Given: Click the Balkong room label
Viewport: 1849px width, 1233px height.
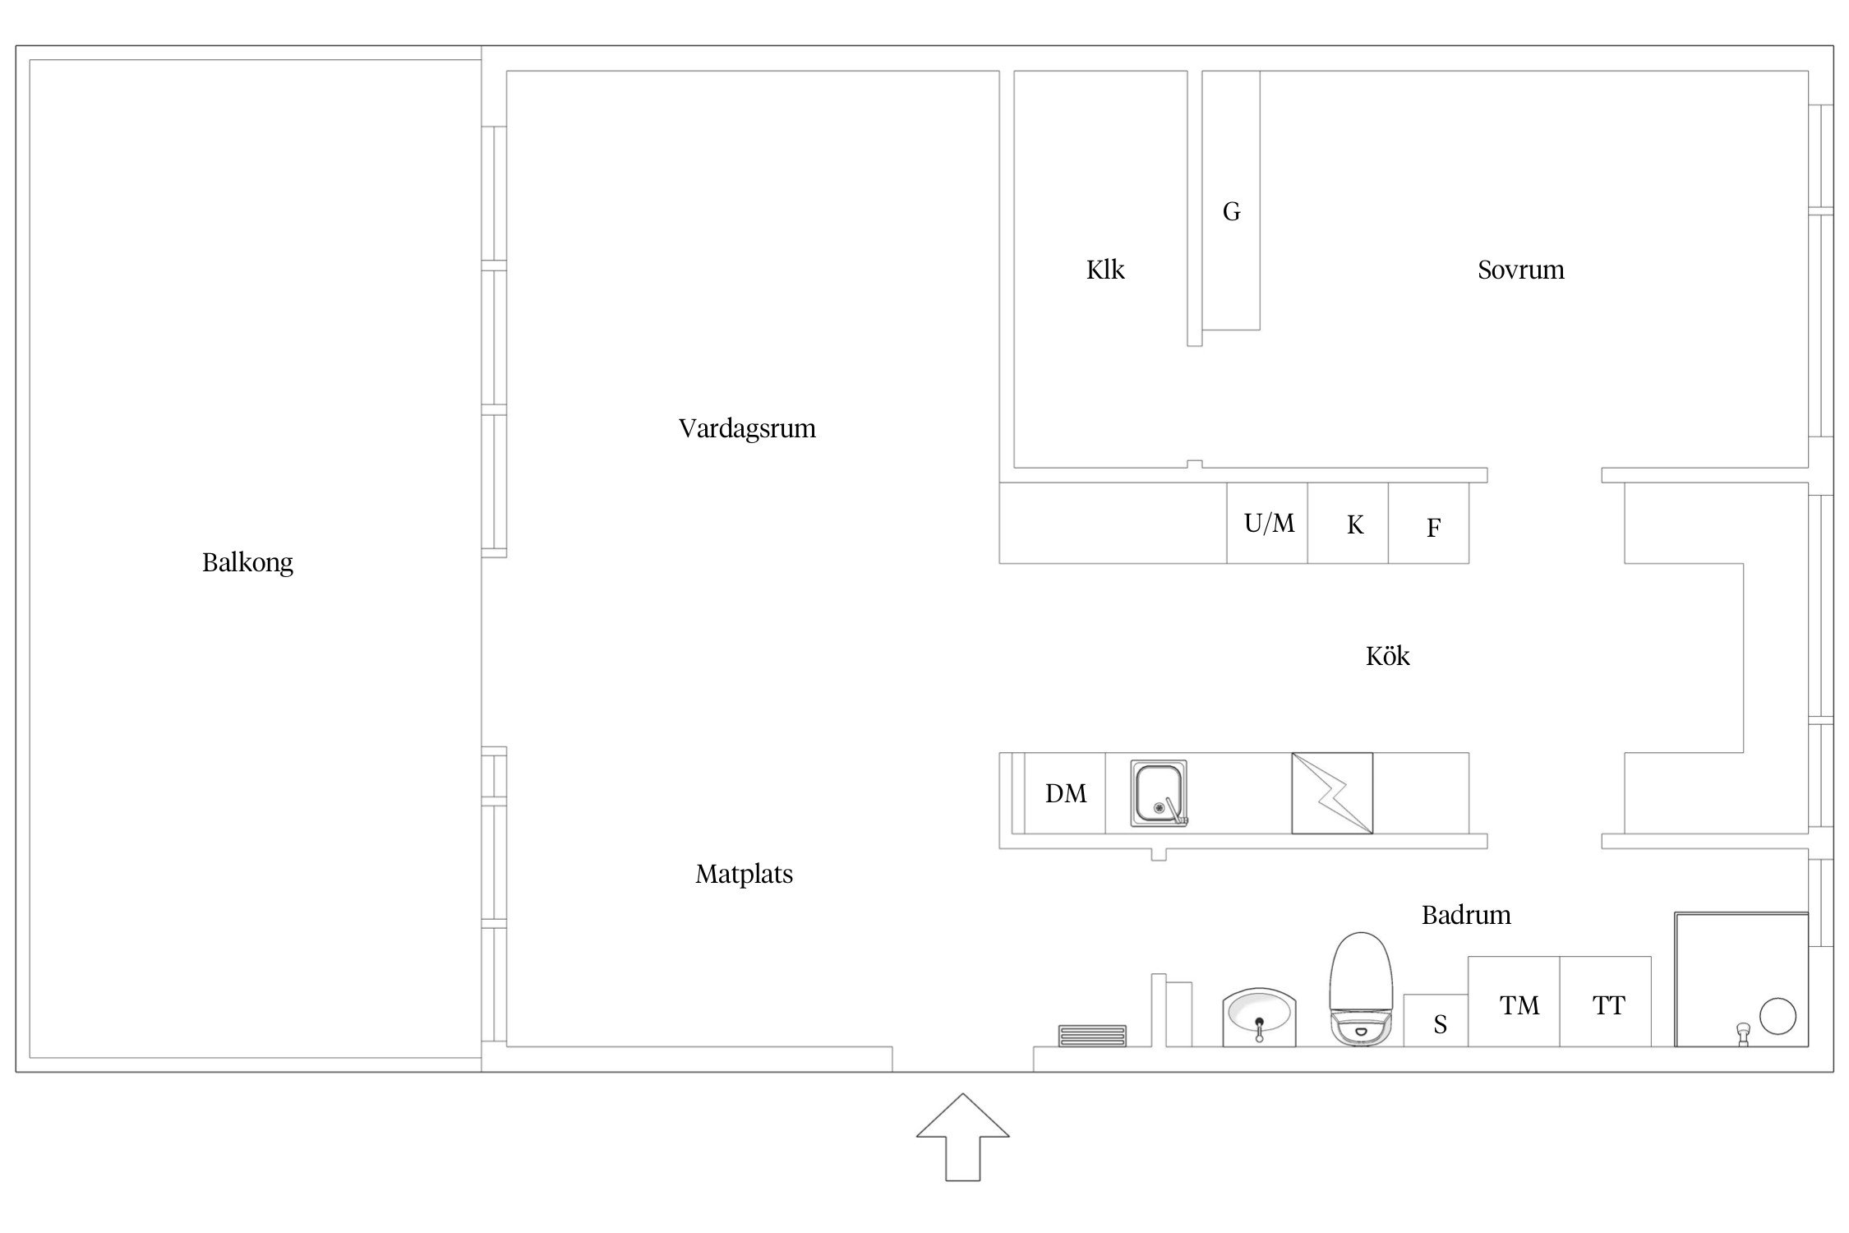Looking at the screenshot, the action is [x=247, y=562].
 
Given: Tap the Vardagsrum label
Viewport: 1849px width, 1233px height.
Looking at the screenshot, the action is [x=747, y=429].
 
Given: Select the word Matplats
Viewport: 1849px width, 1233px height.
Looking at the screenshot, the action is [x=745, y=874].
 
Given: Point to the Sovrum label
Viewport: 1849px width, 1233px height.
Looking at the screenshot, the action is [x=1521, y=270].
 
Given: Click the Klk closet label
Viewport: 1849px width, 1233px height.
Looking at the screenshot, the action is [x=1105, y=270].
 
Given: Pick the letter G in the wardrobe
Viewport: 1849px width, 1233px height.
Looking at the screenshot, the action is [x=1231, y=212].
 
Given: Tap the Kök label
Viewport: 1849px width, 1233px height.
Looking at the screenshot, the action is [x=1388, y=655].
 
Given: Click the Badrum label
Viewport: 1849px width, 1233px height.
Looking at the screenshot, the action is [x=1466, y=915].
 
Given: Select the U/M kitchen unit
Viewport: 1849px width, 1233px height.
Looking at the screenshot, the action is [x=1267, y=523].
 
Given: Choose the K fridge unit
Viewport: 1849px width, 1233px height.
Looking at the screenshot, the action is [x=1348, y=523].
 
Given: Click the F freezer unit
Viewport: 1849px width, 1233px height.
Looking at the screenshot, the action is [x=1428, y=523].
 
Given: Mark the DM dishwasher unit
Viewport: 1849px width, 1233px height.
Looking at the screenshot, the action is [x=1065, y=793].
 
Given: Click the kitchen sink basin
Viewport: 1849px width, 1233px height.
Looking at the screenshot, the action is [x=1158, y=793].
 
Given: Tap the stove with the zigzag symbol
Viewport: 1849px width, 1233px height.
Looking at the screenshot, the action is [x=1332, y=793].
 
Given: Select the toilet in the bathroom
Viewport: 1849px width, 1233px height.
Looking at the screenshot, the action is [x=1361, y=989].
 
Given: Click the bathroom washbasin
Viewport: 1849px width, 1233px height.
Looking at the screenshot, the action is [x=1259, y=1018].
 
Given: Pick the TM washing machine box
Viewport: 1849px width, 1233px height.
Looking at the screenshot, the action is [x=1514, y=1001].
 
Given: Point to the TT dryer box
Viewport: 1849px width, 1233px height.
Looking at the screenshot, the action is [x=1605, y=1001].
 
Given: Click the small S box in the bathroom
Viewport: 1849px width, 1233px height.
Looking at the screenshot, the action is [x=1436, y=1020].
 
